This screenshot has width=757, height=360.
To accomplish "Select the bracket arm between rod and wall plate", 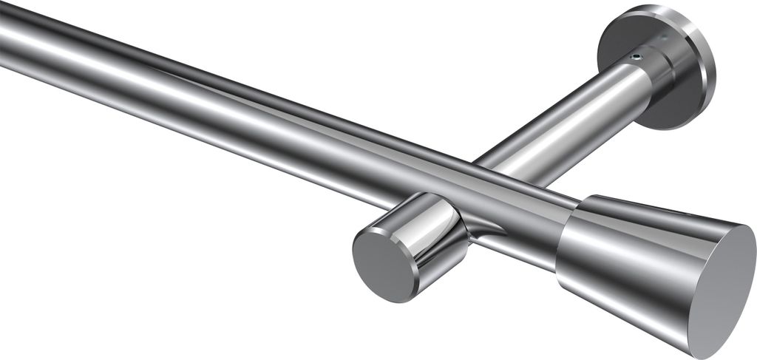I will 562,118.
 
